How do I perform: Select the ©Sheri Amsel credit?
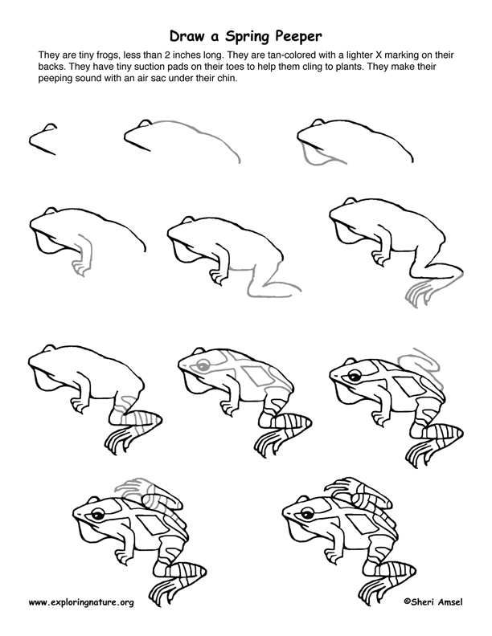[x=433, y=601]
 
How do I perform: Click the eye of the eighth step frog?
[x=202, y=366]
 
